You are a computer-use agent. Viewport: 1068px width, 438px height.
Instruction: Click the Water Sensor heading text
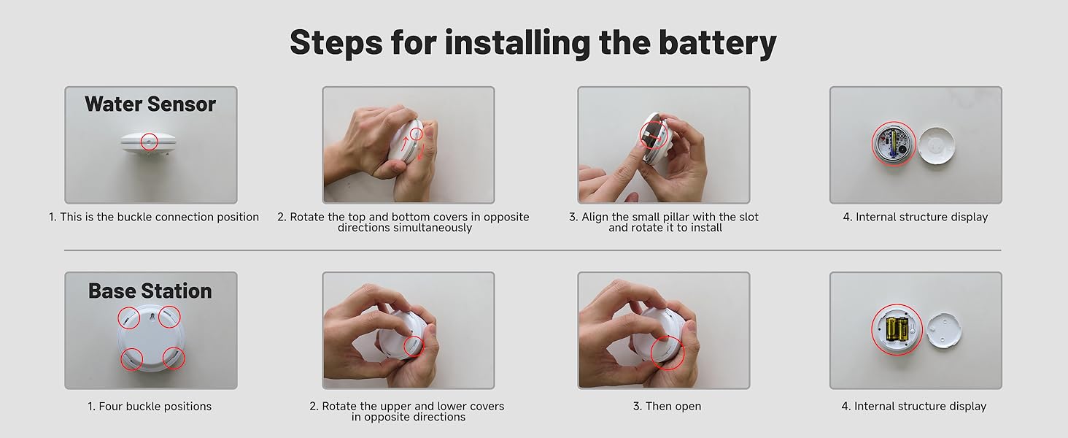150,104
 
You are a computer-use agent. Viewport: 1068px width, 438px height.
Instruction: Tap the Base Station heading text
150,291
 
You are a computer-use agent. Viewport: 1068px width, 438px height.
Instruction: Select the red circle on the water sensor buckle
150,141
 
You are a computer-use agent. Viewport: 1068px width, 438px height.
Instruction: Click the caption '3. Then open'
667,407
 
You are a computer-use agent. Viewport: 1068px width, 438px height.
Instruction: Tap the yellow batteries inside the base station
897,328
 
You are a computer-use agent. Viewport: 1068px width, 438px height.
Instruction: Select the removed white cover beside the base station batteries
943,331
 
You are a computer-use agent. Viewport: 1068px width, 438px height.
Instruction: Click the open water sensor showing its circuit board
894,145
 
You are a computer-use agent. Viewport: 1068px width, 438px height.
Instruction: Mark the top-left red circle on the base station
129,318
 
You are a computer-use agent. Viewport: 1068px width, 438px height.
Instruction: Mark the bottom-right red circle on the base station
174,358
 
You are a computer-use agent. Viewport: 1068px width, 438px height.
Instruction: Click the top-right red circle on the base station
170,316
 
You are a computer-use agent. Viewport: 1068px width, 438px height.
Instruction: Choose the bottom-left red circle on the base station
131,358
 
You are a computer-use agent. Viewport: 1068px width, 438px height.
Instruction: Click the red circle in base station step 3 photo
667,353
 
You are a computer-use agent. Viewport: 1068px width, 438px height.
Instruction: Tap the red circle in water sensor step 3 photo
652,134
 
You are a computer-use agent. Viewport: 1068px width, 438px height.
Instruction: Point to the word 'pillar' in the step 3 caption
681,217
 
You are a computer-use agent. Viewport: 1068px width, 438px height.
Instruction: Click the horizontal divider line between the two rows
533,250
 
